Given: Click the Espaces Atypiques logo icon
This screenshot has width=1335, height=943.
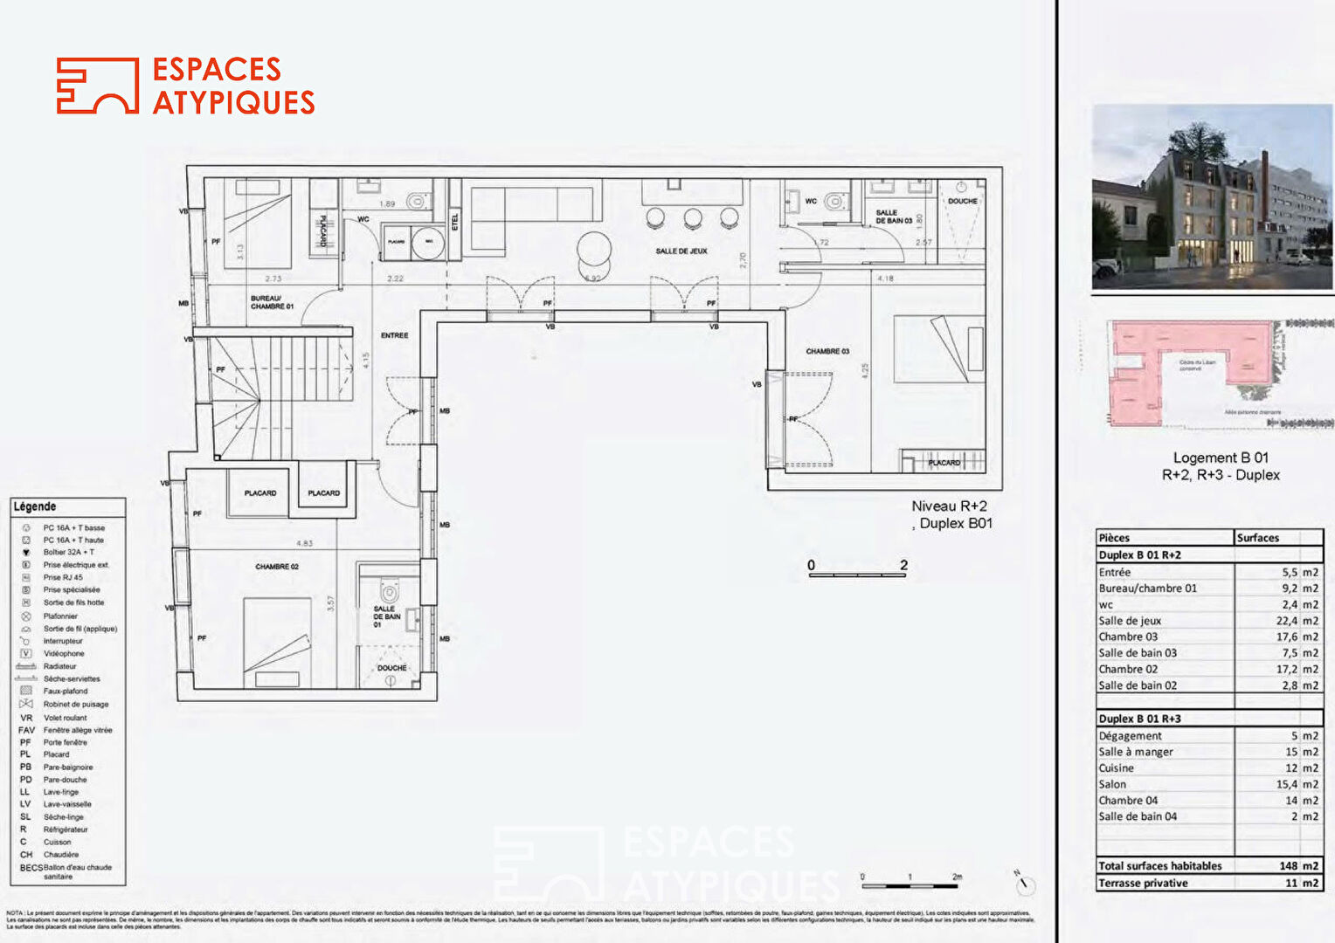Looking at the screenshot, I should click(x=97, y=86).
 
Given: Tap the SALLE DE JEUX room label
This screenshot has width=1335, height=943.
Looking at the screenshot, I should click(x=681, y=251).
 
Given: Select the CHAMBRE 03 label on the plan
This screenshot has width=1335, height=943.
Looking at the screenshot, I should click(x=827, y=351).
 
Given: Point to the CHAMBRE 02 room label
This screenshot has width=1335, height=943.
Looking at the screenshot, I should click(x=277, y=567).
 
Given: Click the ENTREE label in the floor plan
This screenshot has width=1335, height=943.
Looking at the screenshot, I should click(x=394, y=335).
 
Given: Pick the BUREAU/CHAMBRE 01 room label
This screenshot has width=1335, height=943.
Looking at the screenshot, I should click(x=272, y=302).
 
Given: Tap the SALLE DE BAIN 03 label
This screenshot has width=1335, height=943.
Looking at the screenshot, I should click(x=893, y=217).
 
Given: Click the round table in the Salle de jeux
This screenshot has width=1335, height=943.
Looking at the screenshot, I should click(x=594, y=248).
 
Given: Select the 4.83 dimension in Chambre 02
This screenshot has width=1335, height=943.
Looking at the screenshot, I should click(x=304, y=543).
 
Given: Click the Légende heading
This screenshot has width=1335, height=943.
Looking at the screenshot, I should click(x=35, y=506).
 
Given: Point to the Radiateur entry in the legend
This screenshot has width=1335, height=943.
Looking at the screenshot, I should click(x=59, y=666).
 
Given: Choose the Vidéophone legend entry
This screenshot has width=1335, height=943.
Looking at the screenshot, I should click(x=64, y=653).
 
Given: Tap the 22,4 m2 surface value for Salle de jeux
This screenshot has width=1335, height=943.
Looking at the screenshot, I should click(x=1297, y=621).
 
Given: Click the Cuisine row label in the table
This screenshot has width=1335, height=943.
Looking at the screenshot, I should click(x=1117, y=768).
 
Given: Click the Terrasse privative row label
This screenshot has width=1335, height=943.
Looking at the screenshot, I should click(x=1143, y=883).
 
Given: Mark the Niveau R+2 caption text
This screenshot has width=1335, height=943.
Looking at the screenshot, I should click(x=949, y=506).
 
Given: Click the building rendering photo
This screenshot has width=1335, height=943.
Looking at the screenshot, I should click(x=1213, y=197).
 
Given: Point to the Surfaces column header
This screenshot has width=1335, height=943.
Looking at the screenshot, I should click(x=1257, y=538).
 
